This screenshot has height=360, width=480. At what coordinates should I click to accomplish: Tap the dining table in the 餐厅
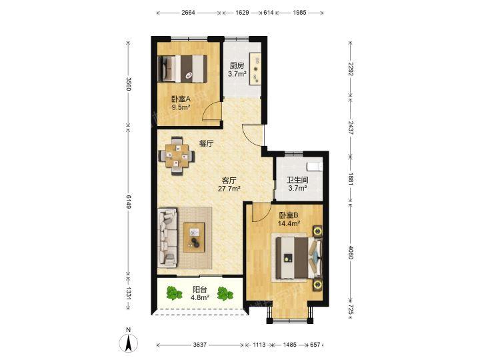(177, 156)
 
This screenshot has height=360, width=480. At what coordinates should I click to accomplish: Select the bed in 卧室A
(183, 69)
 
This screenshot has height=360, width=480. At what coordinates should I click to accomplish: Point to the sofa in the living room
(167, 237)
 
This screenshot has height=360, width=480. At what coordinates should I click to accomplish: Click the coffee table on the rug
(194, 237)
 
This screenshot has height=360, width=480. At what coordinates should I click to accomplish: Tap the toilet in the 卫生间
(315, 165)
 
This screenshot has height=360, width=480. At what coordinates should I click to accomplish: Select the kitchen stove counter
(255, 69)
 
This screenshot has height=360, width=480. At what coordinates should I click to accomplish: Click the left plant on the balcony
(174, 293)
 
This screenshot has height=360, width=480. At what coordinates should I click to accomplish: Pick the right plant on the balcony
(225, 293)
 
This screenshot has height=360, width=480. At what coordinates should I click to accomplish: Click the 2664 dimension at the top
(188, 13)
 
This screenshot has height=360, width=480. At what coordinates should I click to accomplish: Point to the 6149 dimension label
(129, 202)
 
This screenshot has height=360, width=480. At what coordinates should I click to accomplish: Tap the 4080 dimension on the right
(351, 251)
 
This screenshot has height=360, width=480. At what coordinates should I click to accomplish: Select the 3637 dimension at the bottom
(199, 345)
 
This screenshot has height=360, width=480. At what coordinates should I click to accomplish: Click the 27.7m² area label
(229, 189)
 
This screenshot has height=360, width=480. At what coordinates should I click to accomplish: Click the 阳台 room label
(200, 289)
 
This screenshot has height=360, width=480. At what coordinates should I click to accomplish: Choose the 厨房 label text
(237, 65)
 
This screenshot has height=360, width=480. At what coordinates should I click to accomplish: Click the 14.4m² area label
(289, 223)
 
